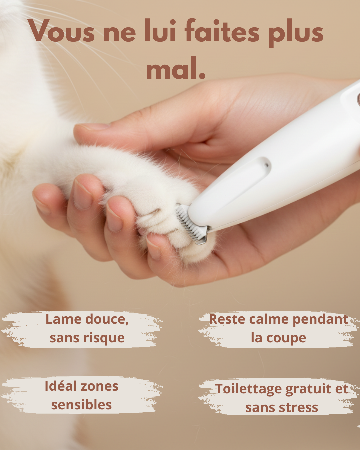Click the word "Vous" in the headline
(62, 31)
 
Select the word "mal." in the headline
(176, 68)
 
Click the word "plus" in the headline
(296, 33)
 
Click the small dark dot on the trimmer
(266, 166)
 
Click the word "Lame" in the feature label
(64, 320)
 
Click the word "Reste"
(227, 320)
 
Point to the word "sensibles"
(81, 405)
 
